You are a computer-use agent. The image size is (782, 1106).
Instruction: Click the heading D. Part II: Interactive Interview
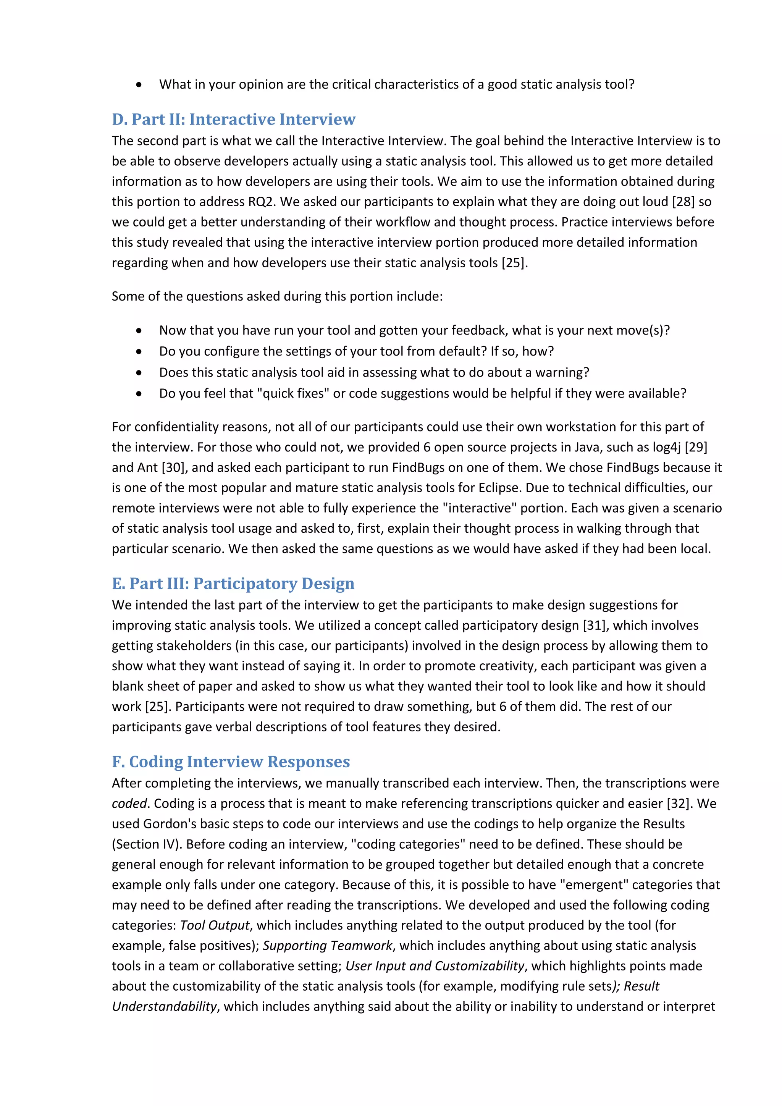click(234, 119)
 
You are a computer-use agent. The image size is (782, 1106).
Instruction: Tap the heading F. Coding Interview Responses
click(231, 762)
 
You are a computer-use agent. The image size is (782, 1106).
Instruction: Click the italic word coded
click(129, 804)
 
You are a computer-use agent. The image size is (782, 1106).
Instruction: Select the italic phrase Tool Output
click(215, 925)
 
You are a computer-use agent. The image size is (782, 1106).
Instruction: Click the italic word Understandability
click(164, 1006)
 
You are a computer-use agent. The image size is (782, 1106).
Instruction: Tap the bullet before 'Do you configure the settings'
click(139, 352)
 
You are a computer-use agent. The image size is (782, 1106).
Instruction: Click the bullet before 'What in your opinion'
click(139, 85)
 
